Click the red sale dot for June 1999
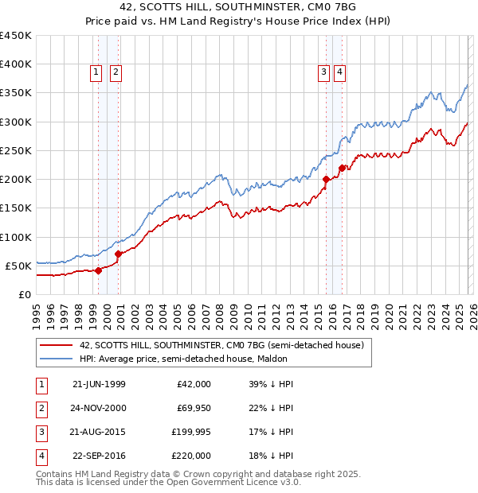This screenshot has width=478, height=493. tap(99, 270)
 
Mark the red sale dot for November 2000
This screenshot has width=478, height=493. tap(119, 254)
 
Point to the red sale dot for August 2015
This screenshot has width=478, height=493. tap(326, 180)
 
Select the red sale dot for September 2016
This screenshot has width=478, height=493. tap(342, 168)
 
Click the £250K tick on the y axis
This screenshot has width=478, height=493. tap(16, 150)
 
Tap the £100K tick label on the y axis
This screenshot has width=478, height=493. tap(16, 237)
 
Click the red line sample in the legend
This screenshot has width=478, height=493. tap(56, 345)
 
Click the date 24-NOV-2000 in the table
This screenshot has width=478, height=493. tap(99, 408)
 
